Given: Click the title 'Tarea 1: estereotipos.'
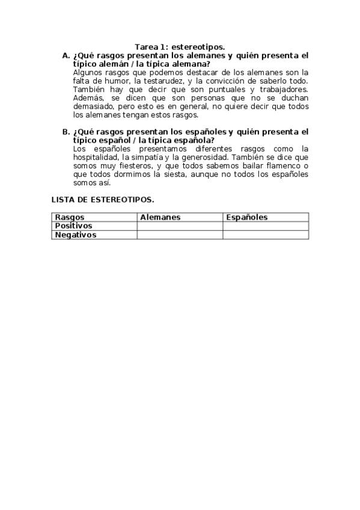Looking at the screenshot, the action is [x=180, y=46].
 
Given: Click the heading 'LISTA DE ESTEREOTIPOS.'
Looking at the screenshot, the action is [x=103, y=200].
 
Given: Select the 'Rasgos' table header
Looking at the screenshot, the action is [x=70, y=217].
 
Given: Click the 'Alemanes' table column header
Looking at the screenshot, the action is [x=160, y=217].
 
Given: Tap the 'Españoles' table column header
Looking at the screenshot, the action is [x=246, y=217].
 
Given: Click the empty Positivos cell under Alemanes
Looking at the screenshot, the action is [x=180, y=226].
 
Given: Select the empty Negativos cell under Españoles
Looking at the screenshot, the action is [x=266, y=235].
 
